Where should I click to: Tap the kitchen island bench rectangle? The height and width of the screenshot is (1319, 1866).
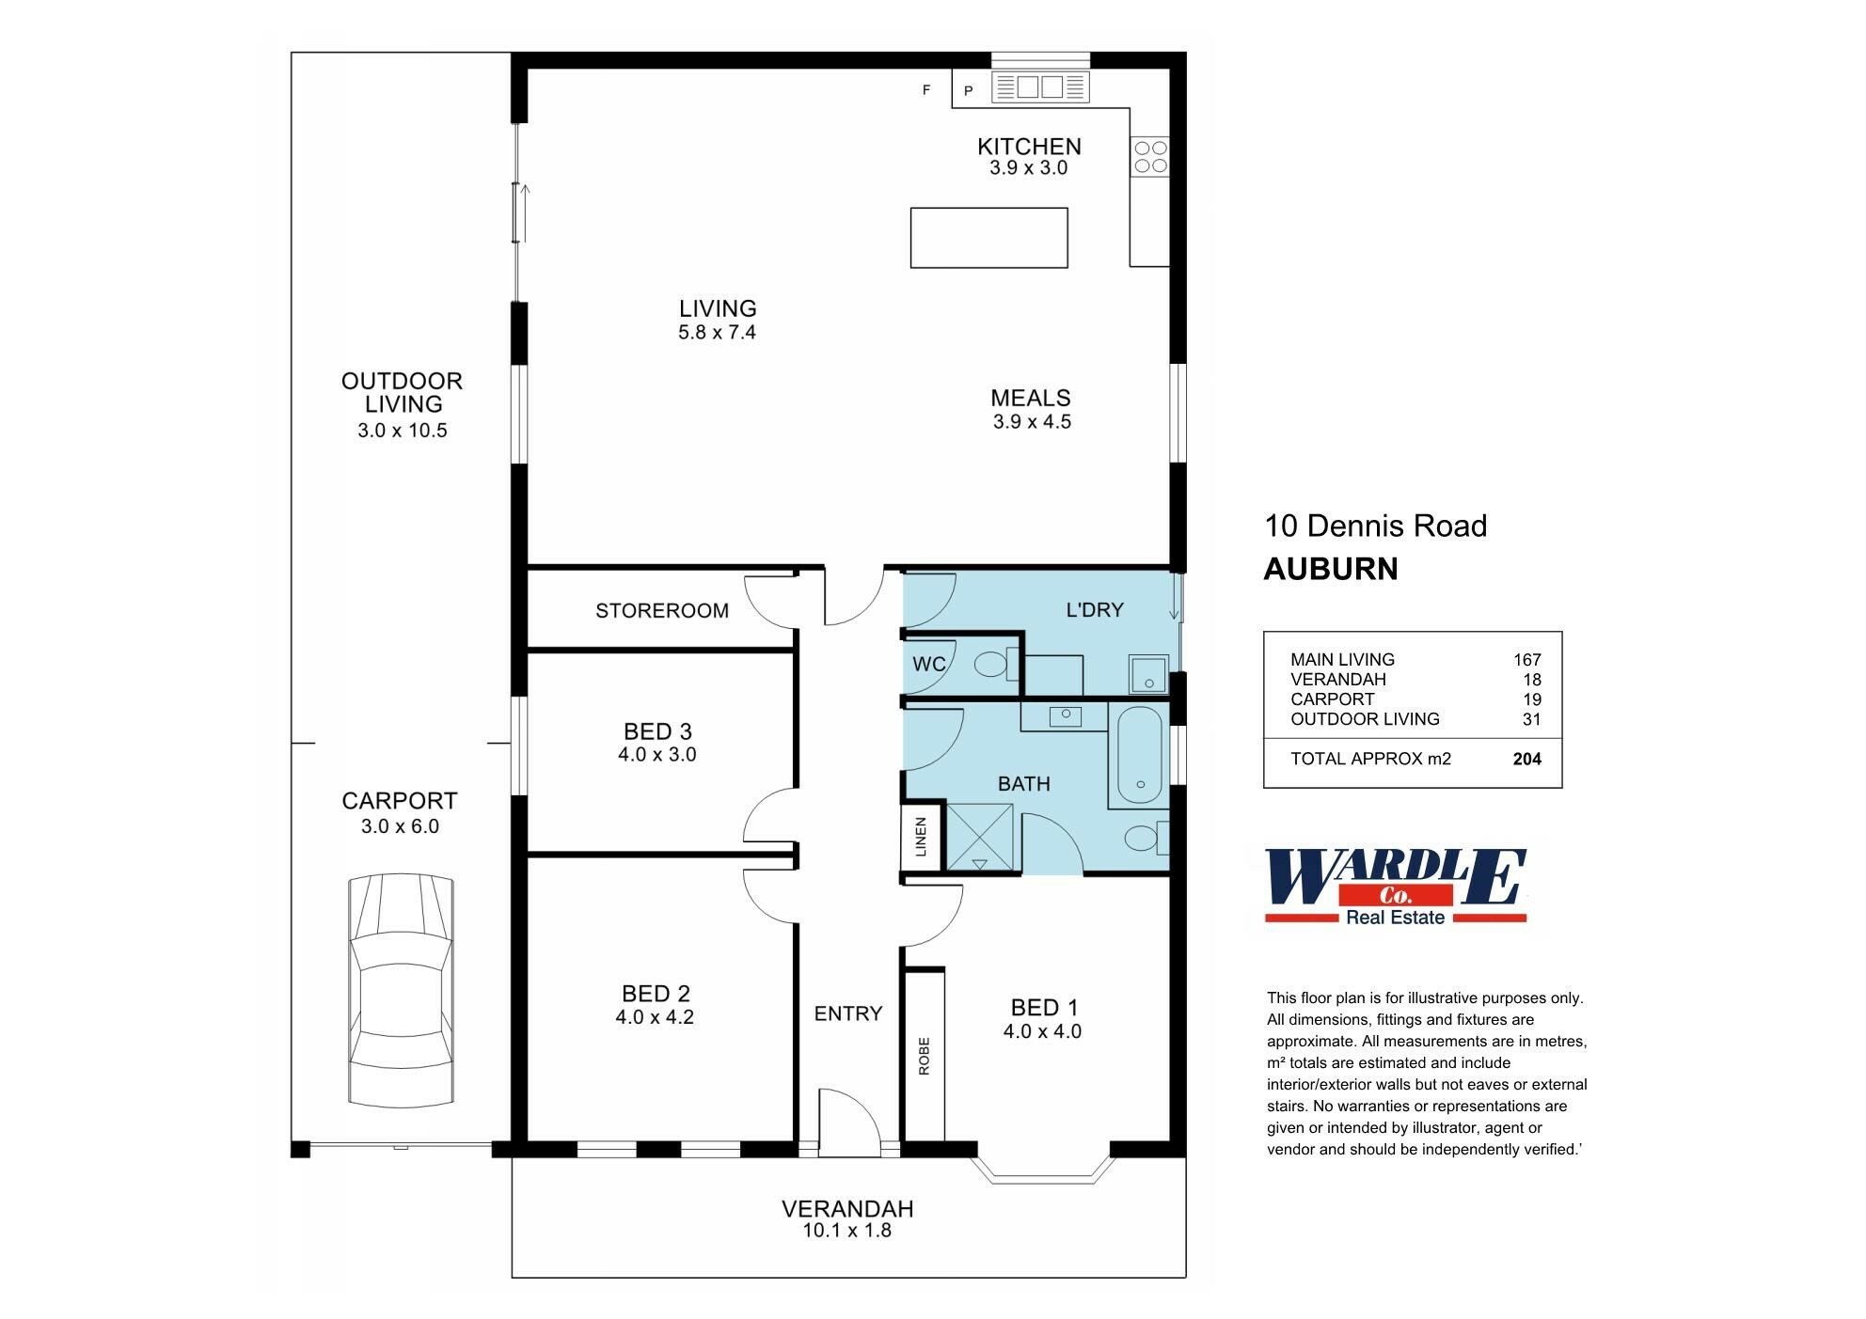tap(988, 238)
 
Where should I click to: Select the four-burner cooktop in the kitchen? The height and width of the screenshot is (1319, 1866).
tap(1150, 157)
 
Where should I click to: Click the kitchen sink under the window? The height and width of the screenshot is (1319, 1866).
tap(1040, 87)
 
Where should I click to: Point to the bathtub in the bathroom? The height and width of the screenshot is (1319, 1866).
tap(1140, 756)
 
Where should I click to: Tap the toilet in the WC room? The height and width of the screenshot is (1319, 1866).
tap(991, 666)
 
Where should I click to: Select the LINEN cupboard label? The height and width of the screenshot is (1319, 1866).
tap(922, 836)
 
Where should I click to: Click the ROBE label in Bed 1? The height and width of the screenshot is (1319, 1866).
tap(924, 1056)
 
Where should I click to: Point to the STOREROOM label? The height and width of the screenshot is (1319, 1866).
tap(662, 611)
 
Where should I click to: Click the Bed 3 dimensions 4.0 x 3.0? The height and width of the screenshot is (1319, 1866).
tap(656, 755)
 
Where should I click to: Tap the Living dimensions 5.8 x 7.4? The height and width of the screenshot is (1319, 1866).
tap(717, 333)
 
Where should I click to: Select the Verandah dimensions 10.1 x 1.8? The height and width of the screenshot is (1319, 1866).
tap(846, 1231)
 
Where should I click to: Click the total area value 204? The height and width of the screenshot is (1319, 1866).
tap(1526, 759)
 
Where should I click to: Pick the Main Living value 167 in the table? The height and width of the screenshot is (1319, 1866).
tap(1526, 660)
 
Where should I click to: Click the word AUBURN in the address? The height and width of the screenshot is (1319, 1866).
tap(1330, 569)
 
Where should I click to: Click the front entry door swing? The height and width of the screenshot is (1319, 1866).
tap(848, 1122)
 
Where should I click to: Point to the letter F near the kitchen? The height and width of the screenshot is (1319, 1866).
tap(926, 90)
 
